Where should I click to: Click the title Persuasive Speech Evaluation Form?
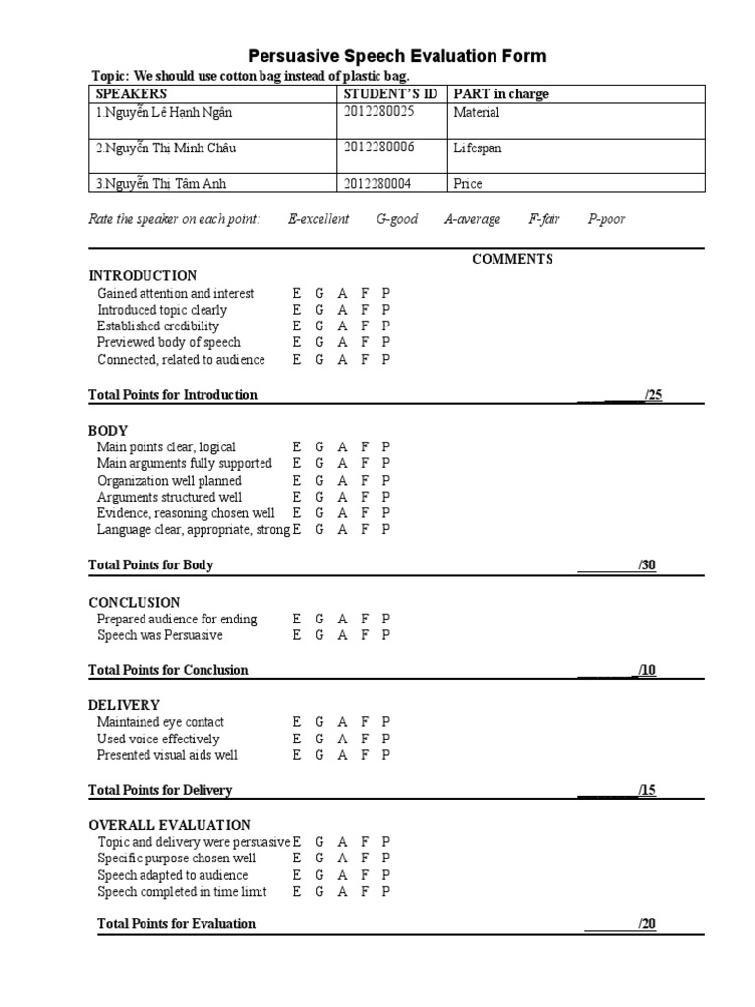(396, 56)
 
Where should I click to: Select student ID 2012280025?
(379, 112)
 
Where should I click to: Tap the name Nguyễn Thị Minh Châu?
(166, 148)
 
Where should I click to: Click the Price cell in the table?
(468, 184)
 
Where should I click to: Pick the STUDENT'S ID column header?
(390, 94)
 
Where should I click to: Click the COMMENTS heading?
(512, 260)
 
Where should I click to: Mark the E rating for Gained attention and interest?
(297, 294)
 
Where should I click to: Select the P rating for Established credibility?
(386, 326)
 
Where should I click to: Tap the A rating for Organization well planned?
(342, 481)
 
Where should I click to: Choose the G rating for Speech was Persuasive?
(319, 636)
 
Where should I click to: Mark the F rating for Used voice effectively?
(365, 740)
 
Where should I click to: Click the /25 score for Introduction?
(653, 395)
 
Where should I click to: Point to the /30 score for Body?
(646, 565)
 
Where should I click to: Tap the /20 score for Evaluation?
(646, 924)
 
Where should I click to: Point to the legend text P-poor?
(607, 220)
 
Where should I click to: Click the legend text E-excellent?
(319, 220)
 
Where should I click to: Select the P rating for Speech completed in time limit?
(386, 892)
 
